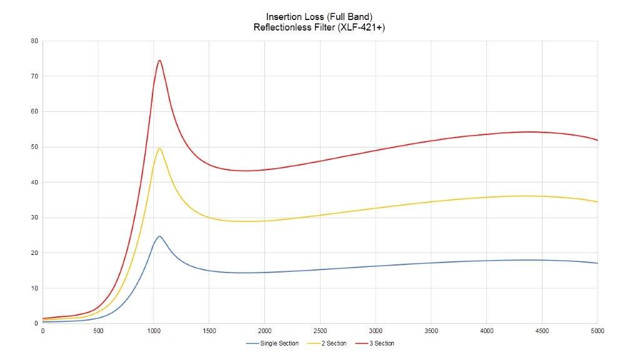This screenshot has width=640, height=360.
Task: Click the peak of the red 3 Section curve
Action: tap(159, 60)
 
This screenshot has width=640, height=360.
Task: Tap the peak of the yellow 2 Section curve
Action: tap(159, 148)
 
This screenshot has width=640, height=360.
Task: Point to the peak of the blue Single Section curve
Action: tap(159, 236)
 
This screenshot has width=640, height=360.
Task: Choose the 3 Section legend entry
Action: tap(376, 343)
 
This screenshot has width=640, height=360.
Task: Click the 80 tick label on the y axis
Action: tap(34, 41)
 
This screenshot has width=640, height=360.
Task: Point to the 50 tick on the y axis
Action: tap(34, 147)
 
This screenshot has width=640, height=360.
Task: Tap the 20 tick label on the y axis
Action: tap(34, 253)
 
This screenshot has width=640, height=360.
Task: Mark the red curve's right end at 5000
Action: tap(597, 140)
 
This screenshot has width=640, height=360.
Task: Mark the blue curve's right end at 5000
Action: tap(597, 263)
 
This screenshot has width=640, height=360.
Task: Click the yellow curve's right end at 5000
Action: tap(597, 202)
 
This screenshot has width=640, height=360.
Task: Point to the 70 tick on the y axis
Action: tap(34, 76)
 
